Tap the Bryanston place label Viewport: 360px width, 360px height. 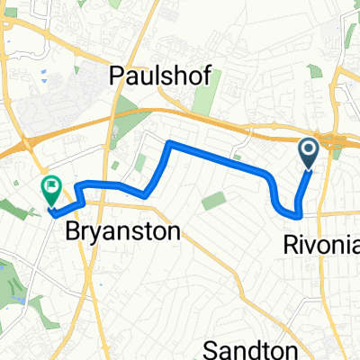click(x=122, y=231)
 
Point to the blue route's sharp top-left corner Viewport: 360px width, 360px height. click(x=170, y=143)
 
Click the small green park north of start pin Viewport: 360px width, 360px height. click(x=313, y=72)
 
